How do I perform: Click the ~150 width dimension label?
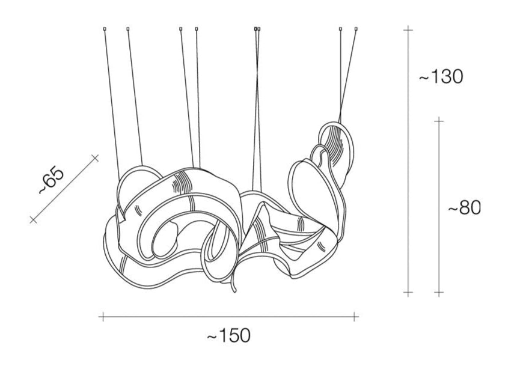point(229,335)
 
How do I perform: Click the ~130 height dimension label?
point(441,76)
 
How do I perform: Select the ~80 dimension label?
point(464,208)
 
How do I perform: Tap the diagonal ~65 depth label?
point(50,181)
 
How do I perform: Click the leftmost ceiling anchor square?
point(105,29)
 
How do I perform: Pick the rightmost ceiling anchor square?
point(356,29)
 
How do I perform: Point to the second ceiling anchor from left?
point(128,29)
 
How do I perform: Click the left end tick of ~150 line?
point(103,317)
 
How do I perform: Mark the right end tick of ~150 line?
point(354,317)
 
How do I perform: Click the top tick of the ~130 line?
point(408,30)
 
